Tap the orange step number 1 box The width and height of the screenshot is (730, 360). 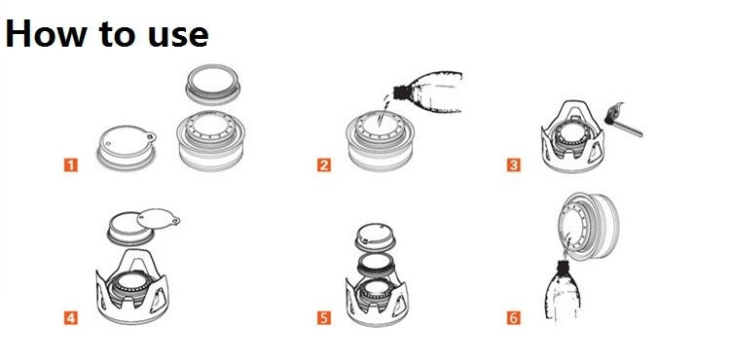pos(70,164)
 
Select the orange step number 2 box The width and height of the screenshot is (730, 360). pos(325,164)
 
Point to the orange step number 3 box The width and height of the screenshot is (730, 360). pos(513,164)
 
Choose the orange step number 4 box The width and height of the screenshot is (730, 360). pos(70,317)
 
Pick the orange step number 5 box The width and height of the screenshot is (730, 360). pos(325,317)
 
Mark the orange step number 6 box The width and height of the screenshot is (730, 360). pos(513,317)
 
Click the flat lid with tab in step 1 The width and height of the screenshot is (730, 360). pos(125,147)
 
